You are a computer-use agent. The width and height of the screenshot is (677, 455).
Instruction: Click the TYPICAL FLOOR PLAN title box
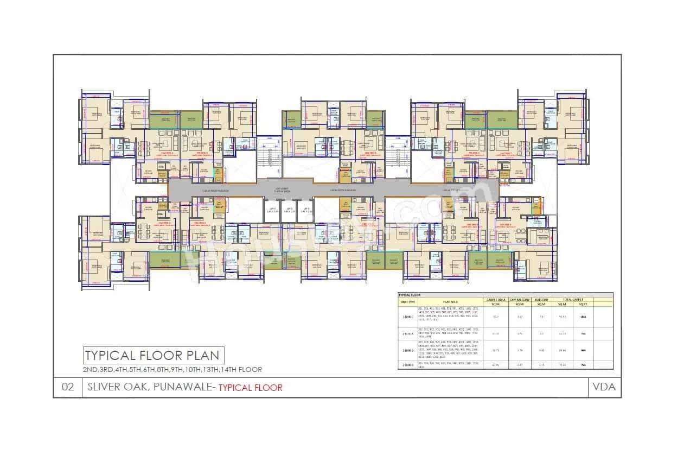[152, 356]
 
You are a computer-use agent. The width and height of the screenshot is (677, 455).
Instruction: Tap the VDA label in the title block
[604, 387]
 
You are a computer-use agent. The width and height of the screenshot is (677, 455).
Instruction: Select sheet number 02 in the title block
[68, 387]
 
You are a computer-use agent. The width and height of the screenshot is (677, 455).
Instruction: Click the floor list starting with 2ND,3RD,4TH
[172, 370]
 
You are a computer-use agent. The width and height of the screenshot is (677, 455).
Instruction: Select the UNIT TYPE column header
[408, 300]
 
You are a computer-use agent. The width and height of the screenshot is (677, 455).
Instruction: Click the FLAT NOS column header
[450, 300]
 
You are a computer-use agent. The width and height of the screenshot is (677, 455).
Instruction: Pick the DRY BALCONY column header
[520, 299]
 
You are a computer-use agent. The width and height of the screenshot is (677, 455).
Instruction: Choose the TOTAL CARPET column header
[571, 299]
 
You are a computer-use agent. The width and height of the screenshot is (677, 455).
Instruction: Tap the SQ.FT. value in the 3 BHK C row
[584, 317]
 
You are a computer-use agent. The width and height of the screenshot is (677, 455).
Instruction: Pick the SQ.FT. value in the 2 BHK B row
[584, 365]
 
